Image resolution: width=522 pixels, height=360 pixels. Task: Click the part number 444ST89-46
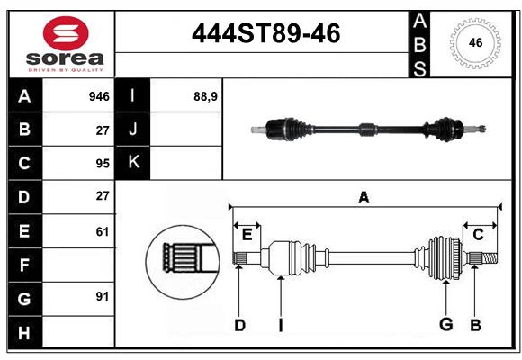266,34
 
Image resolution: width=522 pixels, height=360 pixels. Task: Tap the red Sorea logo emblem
65,33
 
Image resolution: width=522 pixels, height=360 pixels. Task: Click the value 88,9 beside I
206,96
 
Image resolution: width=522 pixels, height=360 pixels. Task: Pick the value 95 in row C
102,163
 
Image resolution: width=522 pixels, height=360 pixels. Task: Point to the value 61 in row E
102,231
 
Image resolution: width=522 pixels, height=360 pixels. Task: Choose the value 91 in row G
102,297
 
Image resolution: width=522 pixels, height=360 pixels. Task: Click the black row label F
23,265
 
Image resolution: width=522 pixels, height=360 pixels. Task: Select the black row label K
133,163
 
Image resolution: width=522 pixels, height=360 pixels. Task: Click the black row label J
133,130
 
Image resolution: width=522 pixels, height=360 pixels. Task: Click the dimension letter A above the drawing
364,197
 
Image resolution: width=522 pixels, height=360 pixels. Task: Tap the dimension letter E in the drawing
247,235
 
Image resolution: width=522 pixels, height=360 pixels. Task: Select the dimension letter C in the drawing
478,235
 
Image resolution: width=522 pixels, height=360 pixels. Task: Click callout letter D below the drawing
239,325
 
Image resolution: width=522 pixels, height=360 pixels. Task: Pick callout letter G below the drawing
445,325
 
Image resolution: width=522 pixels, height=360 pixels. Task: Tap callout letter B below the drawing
475,325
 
